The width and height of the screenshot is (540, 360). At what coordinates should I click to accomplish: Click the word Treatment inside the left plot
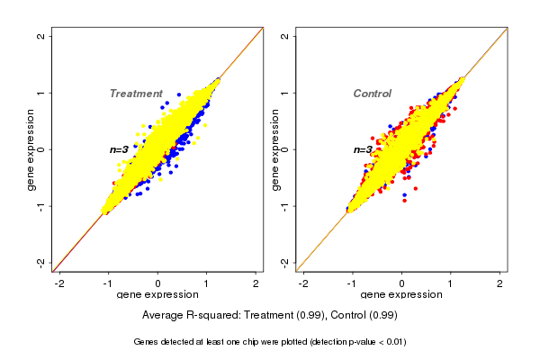coord(136,94)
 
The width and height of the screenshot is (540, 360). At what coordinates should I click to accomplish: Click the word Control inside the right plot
coord(372,94)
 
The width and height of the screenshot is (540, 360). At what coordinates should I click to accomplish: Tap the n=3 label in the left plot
coord(120,149)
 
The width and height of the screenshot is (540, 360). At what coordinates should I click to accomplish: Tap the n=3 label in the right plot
coord(363,149)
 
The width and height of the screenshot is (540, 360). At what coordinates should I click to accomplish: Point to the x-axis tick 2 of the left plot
coord(256,283)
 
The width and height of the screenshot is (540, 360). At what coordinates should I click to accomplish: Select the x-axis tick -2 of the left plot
coord(59,283)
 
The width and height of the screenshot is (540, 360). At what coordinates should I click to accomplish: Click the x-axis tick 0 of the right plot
coord(401,283)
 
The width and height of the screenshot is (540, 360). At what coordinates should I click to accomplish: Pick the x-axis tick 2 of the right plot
coord(499,283)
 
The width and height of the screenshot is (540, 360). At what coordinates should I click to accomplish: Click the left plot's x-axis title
coord(157,295)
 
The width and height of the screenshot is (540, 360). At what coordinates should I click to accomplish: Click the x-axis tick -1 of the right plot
coord(352,283)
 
